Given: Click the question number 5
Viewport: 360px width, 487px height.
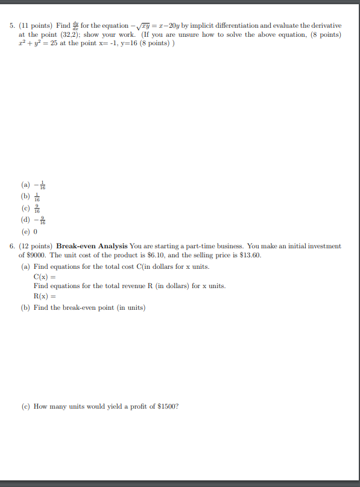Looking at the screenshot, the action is (13, 27).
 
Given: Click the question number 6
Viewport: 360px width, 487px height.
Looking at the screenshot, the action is (13, 247).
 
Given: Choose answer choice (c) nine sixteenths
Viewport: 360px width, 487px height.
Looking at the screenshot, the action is (31, 209).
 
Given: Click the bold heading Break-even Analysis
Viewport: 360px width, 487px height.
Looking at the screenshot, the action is (92, 247).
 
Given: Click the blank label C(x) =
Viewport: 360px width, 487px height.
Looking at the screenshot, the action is (43, 276).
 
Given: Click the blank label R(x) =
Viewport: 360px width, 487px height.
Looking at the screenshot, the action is (43, 296).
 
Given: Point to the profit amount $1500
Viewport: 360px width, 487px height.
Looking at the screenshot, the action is (167, 406).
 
